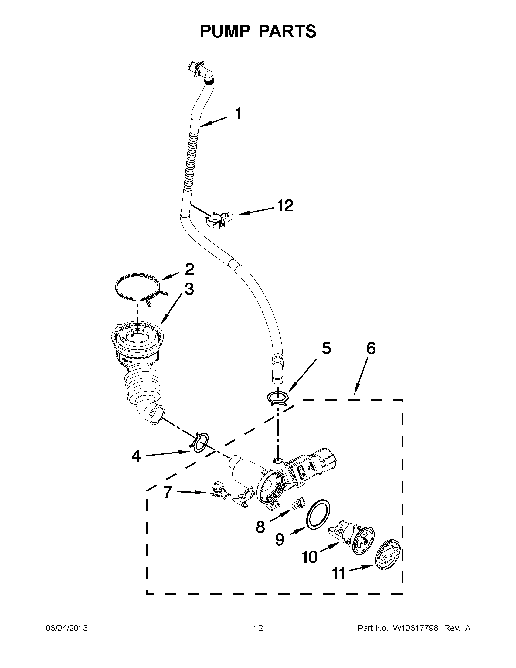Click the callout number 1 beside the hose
pyautogui.click(x=238, y=114)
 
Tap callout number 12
pyautogui.click(x=285, y=206)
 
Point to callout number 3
pyautogui.click(x=189, y=289)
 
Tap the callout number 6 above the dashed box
pyautogui.click(x=371, y=348)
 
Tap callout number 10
pyautogui.click(x=309, y=557)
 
